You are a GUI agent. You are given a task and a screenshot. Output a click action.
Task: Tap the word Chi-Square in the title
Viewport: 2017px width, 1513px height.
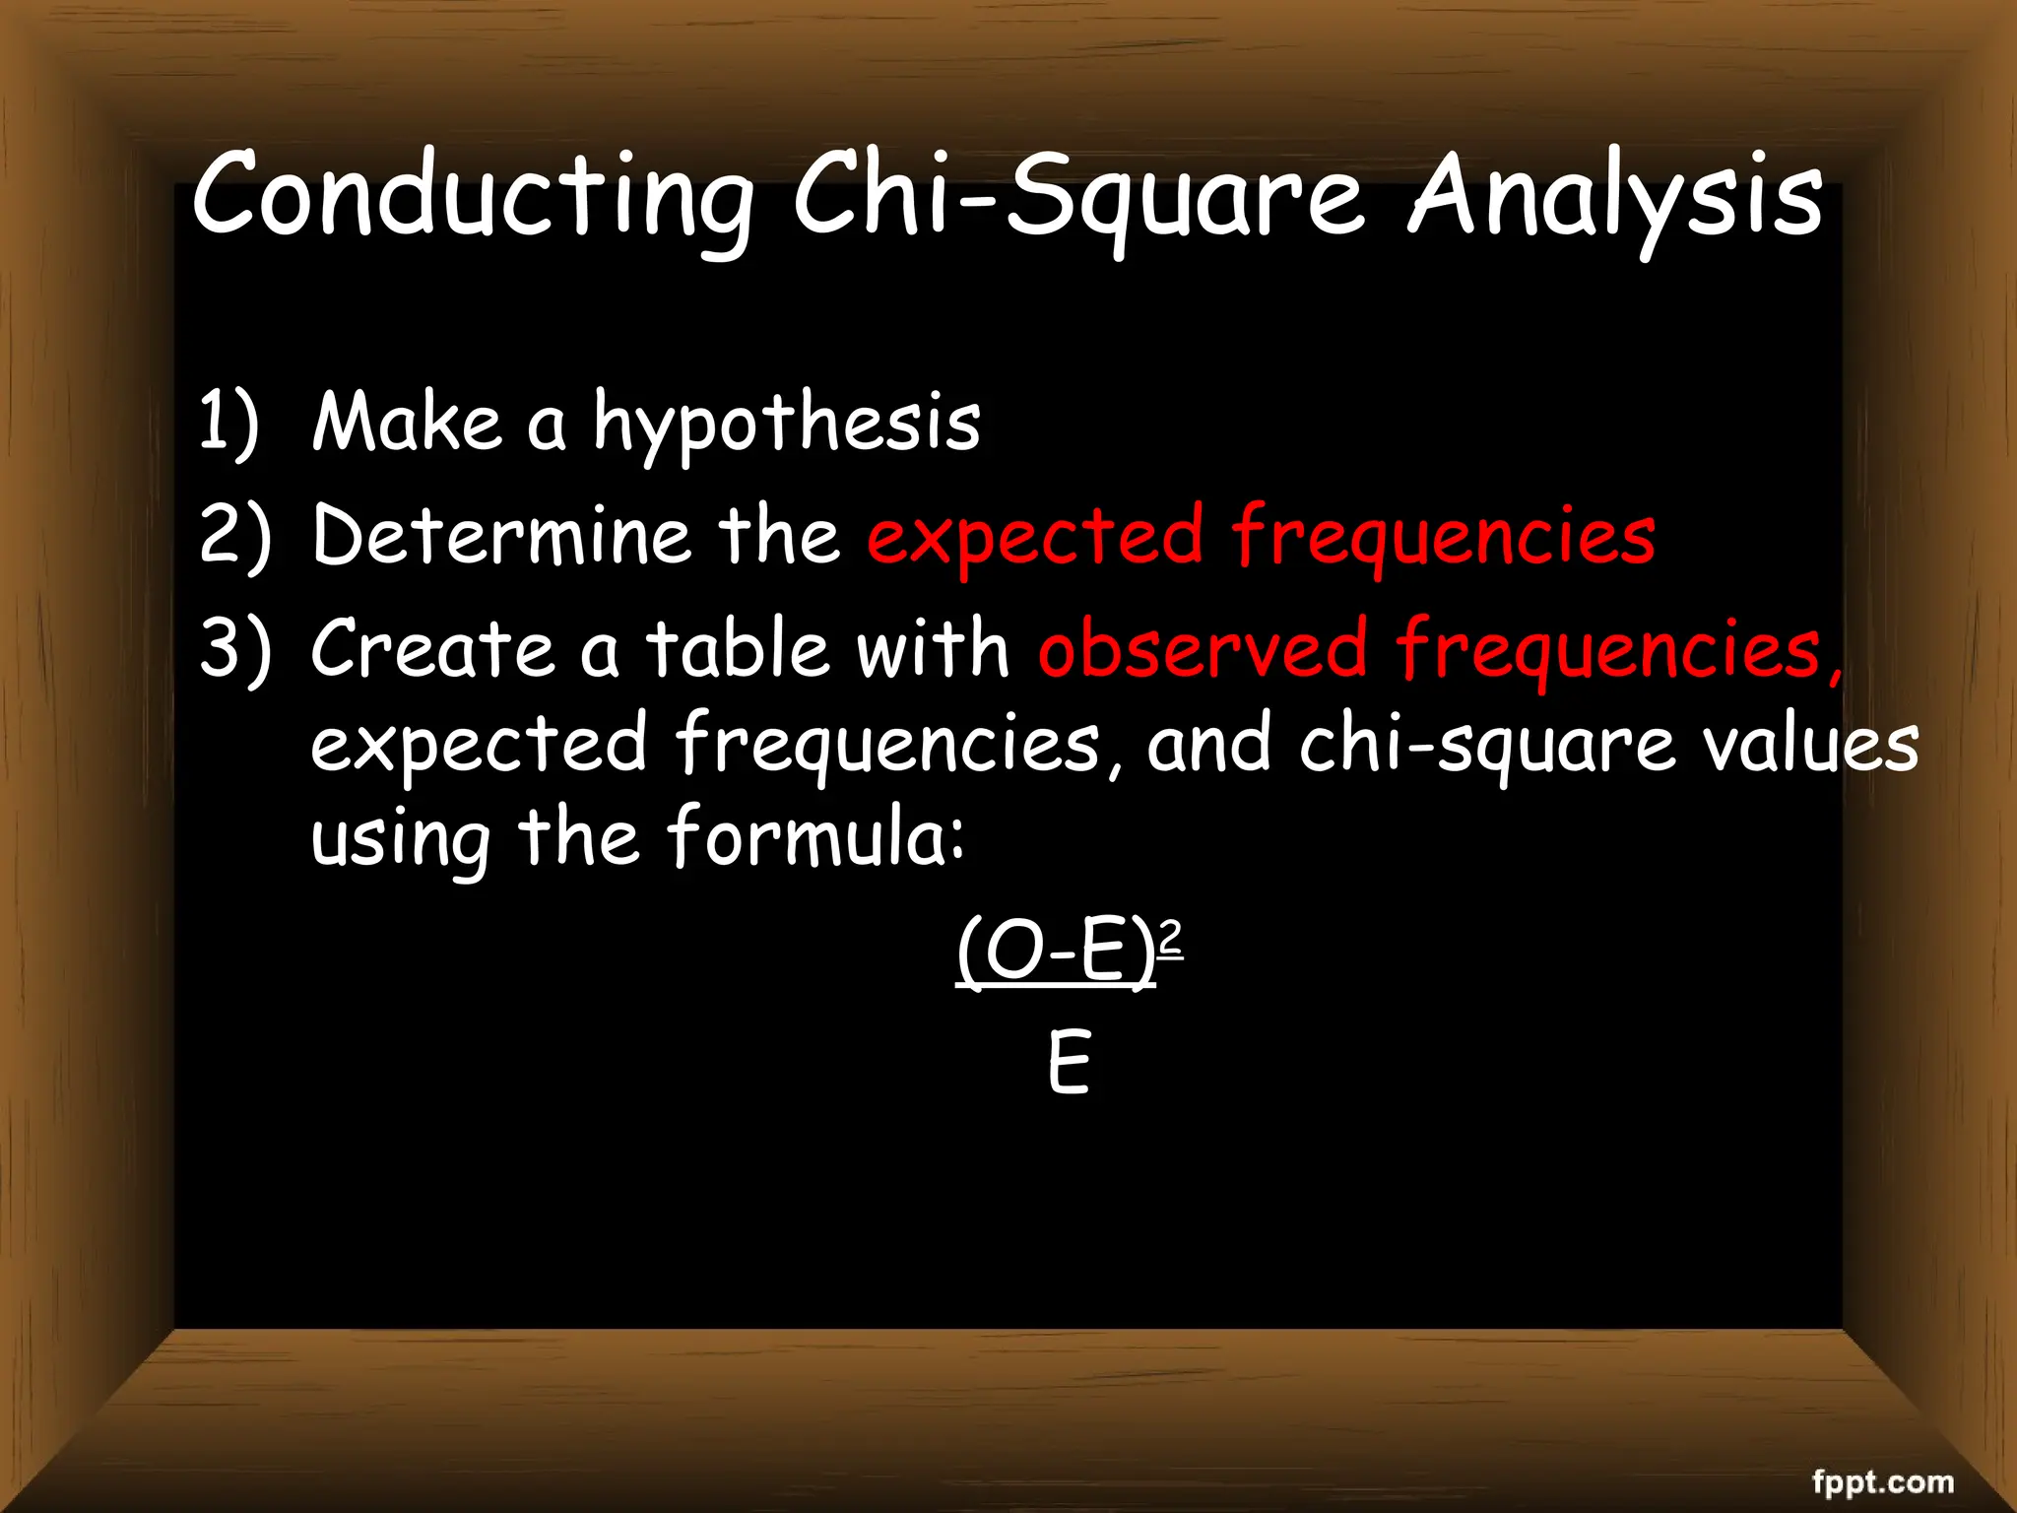tap(1078, 197)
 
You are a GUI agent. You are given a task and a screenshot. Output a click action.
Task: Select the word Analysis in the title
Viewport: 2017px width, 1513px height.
tap(1615, 197)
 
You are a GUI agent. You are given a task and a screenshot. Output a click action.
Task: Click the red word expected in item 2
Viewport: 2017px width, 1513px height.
tap(1034, 537)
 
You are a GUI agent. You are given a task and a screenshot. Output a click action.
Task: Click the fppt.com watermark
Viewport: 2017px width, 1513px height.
tap(1882, 1454)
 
